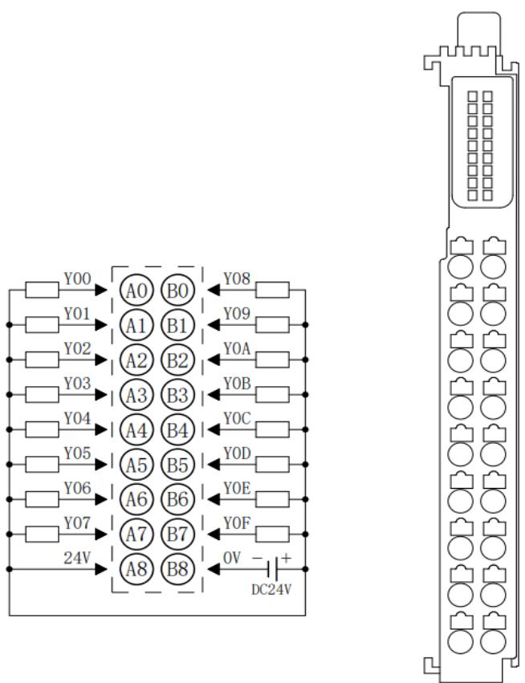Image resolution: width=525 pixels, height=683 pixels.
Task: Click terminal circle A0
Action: [136, 291]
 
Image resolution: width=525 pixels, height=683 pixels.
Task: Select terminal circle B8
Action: [177, 569]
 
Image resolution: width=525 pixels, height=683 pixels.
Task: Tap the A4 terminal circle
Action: [136, 430]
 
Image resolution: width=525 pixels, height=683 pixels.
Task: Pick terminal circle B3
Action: [177, 395]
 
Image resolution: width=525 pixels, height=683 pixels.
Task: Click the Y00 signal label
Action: [78, 278]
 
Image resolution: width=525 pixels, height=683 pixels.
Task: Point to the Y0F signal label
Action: [237, 522]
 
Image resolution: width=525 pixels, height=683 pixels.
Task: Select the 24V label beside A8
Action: [77, 558]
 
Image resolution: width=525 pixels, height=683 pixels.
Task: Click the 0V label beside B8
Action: [232, 558]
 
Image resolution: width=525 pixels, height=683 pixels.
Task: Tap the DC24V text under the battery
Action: [271, 590]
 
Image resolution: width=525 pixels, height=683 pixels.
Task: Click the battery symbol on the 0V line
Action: [273, 569]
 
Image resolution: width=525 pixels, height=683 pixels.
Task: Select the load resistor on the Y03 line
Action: [42, 395]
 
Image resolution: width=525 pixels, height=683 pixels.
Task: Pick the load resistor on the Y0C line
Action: [272, 429]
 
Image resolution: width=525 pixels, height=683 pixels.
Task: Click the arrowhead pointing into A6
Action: [101, 499]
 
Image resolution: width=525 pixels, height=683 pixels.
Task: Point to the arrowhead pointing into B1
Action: [214, 325]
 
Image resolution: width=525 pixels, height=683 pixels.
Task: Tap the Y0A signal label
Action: [237, 348]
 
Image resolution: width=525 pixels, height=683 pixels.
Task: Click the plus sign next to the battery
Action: [287, 558]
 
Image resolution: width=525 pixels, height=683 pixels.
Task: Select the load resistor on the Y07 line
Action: [42, 534]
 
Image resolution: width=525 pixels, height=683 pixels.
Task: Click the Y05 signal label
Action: [78, 453]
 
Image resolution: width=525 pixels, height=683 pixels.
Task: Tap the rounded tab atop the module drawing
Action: [478, 29]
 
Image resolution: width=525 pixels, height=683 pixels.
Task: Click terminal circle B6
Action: [177, 499]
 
